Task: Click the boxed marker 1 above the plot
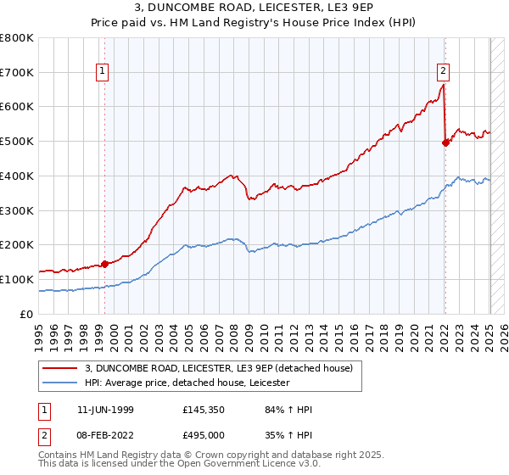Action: (x=103, y=71)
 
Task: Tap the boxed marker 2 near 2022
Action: (x=444, y=71)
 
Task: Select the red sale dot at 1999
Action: (x=105, y=264)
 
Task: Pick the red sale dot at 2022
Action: (x=445, y=142)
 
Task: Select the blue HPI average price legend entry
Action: (x=187, y=383)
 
